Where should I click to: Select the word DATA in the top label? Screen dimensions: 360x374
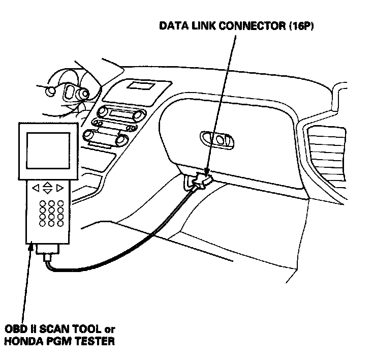(174, 25)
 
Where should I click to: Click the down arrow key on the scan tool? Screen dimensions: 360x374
(47, 192)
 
